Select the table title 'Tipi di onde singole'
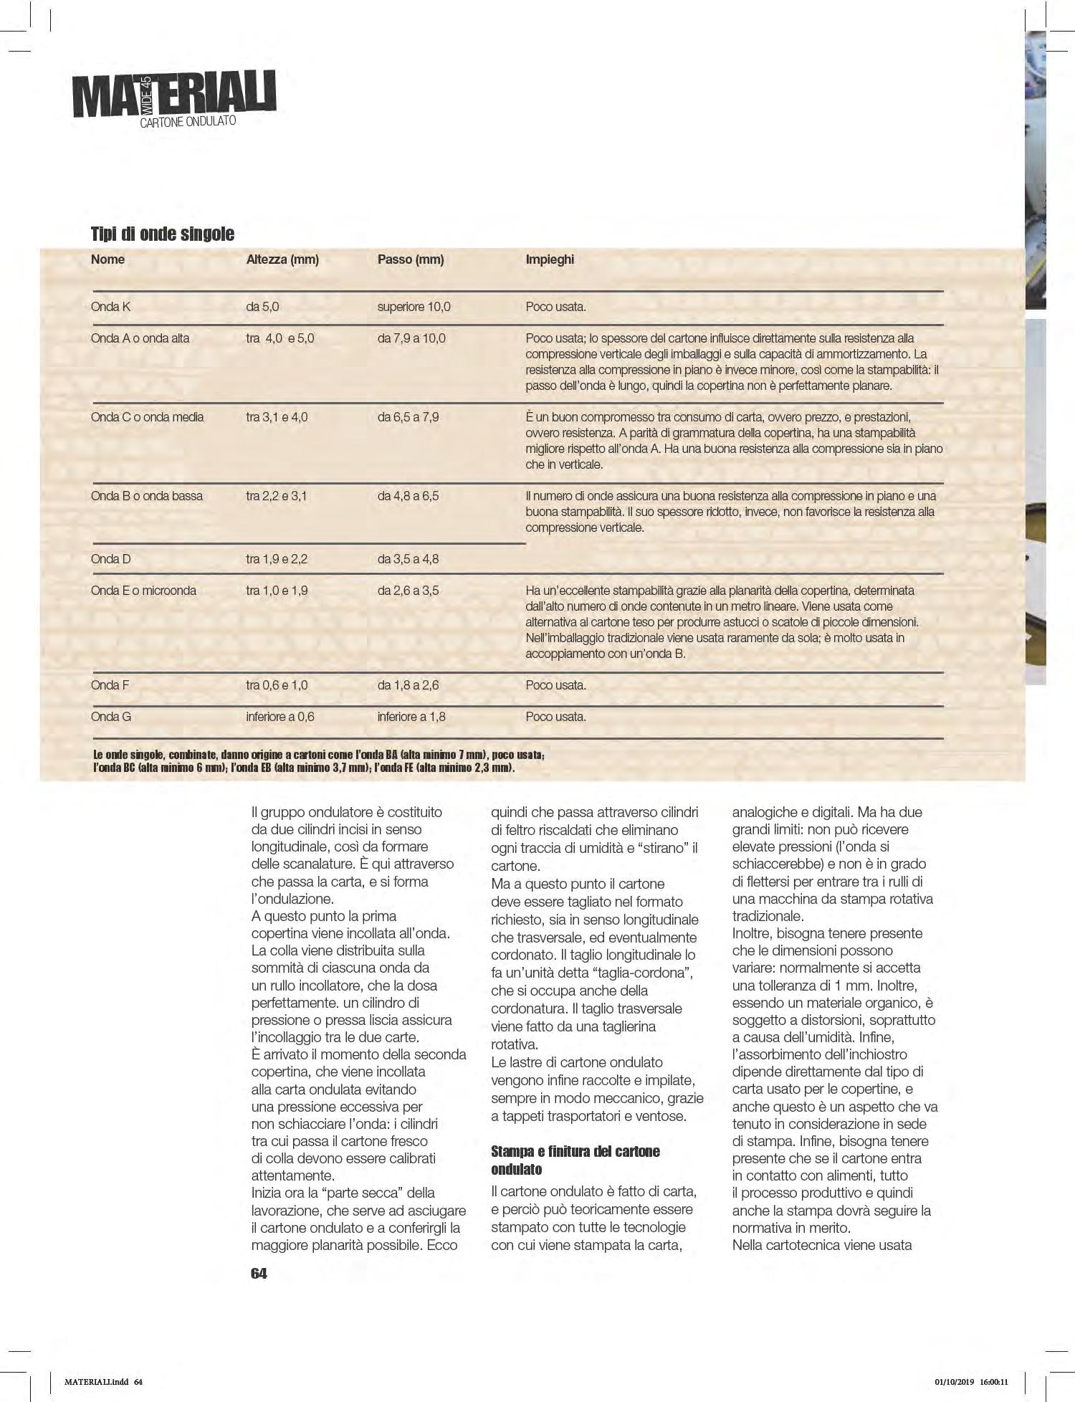pyautogui.click(x=163, y=234)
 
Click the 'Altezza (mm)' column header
pyautogui.click(x=282, y=259)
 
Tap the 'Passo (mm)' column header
pyautogui.click(x=411, y=259)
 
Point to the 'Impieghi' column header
pyautogui.click(x=550, y=259)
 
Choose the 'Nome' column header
pyautogui.click(x=107, y=259)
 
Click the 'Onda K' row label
pyautogui.click(x=111, y=307)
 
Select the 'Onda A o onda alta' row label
pyautogui.click(x=140, y=338)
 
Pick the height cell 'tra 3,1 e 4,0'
pyautogui.click(x=277, y=417)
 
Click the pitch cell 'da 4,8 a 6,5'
pyautogui.click(x=408, y=496)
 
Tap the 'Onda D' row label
pyautogui.click(x=111, y=559)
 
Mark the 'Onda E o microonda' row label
pyautogui.click(x=143, y=591)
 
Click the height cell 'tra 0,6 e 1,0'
pyautogui.click(x=277, y=685)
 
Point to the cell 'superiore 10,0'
pyautogui.click(x=414, y=307)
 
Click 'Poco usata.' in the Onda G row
pyautogui.click(x=555, y=717)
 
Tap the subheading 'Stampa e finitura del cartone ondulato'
pyautogui.click(x=575, y=1160)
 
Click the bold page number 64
pyautogui.click(x=259, y=1273)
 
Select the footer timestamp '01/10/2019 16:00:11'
pyautogui.click(x=971, y=1382)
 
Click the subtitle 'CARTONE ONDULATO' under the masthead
pyautogui.click(x=188, y=123)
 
